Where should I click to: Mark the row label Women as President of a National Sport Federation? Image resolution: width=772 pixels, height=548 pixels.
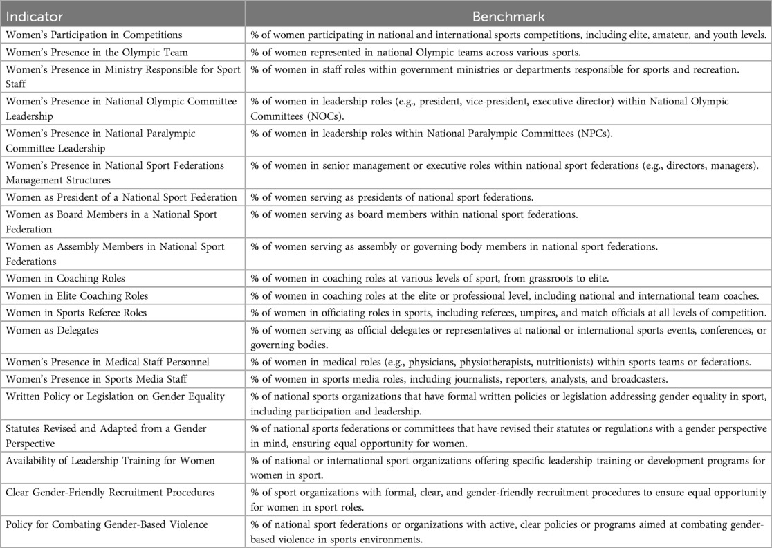[x=121, y=198]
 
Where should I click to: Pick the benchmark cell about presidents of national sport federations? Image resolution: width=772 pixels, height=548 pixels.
[x=392, y=198]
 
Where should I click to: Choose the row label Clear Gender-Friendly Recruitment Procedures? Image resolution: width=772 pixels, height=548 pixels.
[x=110, y=492]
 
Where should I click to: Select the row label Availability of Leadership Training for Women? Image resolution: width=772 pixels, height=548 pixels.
[x=110, y=460]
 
